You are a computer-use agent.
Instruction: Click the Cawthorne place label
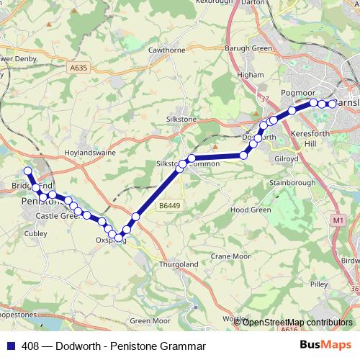point(166,51)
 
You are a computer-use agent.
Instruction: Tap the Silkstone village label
point(181,118)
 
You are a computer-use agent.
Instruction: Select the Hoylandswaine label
point(89,153)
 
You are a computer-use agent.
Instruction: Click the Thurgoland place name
point(179,264)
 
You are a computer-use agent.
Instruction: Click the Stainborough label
point(292,183)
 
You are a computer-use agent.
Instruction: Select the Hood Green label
point(250,210)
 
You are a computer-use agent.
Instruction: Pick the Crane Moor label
point(230,256)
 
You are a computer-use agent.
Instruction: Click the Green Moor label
point(150,320)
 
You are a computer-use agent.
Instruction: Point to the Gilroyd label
point(287,157)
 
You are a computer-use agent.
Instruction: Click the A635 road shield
point(78,68)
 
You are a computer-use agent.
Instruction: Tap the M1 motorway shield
point(338,219)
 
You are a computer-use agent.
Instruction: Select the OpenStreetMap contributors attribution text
point(297,323)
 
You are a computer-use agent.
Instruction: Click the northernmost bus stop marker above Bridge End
point(27,171)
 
